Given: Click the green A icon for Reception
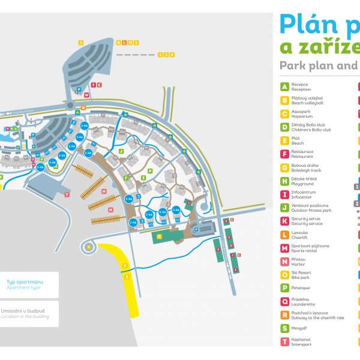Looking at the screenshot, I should [284, 86].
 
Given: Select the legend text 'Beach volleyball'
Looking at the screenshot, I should [307, 103].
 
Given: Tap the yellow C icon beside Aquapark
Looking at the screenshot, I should [284, 113].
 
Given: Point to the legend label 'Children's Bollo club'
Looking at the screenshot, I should [311, 130].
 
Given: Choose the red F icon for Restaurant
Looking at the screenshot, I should [284, 154].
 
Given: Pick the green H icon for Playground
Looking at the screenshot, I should [284, 181].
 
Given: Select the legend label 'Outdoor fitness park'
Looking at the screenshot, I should [311, 211].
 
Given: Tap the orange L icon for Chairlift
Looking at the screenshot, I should [284, 235].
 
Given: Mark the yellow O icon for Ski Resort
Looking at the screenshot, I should [284, 275].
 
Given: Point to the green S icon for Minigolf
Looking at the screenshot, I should [284, 328].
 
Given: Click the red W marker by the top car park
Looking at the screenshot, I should [87, 95].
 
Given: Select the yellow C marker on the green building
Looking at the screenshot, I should [159, 236].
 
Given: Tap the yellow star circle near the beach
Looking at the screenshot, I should [89, 246].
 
